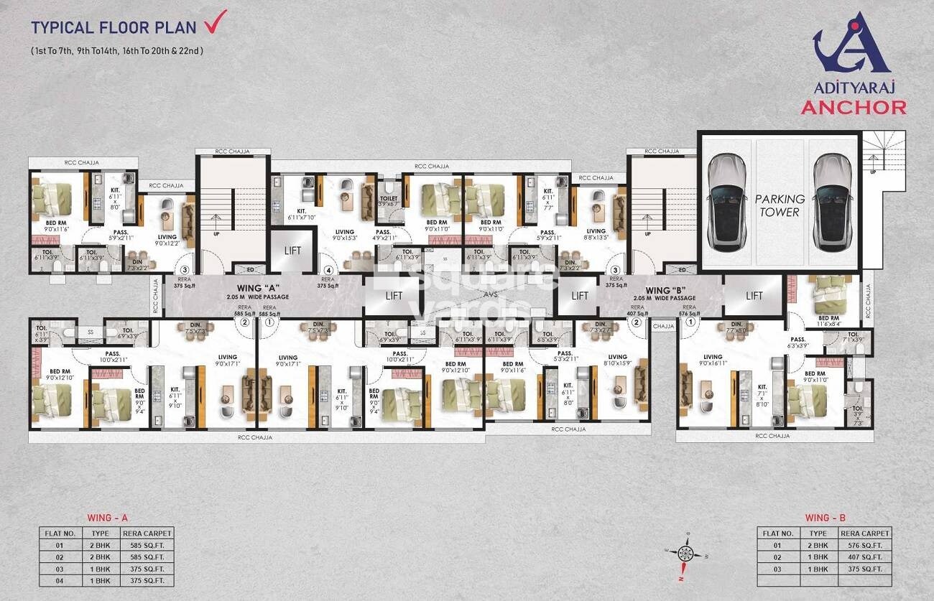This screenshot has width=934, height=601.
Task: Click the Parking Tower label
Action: coord(780,205)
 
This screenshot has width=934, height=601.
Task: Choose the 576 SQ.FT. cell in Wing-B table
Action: coord(864,545)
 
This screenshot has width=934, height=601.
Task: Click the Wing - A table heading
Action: coord(107,518)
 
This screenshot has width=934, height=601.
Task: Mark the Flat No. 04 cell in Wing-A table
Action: coord(60,579)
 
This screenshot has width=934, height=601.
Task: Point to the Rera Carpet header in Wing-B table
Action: coord(864,534)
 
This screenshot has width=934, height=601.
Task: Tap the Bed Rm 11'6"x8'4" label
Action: coord(828,321)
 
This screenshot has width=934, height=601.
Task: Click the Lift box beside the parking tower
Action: coord(754,295)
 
